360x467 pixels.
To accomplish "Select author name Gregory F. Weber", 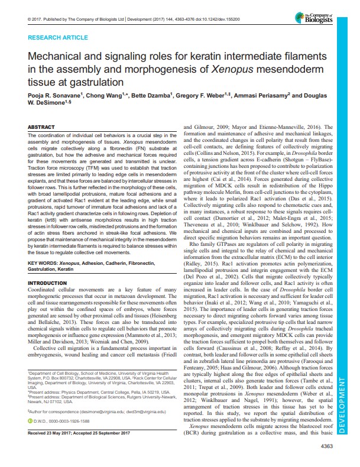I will (x=201, y=95).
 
